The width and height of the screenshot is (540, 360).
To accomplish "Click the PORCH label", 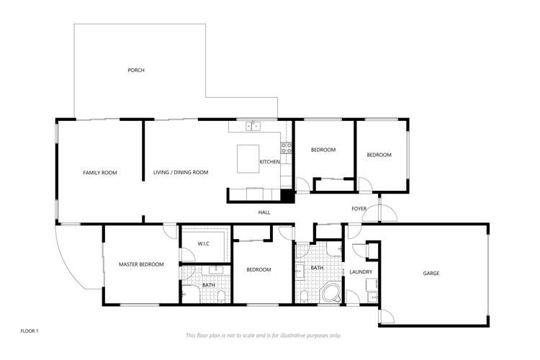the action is point(136,71).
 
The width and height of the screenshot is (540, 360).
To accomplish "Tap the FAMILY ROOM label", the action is point(100,173).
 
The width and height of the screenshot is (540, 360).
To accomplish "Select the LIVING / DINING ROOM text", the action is point(181,172).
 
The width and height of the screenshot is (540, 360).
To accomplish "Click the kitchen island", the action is point(248,159).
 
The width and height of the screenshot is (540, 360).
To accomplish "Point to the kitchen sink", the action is point(253,126).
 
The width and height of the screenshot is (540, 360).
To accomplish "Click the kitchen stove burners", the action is point(286,148).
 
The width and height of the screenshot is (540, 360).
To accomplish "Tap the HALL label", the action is point(264,212).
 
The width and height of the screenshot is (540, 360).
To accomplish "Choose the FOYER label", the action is point(359,209).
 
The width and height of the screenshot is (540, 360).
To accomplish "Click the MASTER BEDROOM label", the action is point(141,264).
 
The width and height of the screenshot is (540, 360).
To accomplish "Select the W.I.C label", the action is point(204,244).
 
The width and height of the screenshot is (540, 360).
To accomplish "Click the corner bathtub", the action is point(331,293).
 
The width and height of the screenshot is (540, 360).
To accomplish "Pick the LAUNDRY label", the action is point(361,272).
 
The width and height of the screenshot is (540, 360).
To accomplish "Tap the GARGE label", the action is point(431,274).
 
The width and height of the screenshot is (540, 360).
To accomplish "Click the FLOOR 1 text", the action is point(30,331).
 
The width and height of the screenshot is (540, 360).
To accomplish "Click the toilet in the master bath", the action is point(221,297).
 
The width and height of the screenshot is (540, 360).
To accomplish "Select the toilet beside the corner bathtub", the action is point(304,297).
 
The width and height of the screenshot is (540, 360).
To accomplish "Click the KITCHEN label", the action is point(270,162).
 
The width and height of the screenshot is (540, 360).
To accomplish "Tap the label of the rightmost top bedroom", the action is point(379,155).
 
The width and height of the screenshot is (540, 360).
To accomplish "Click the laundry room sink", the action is point(373,297).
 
